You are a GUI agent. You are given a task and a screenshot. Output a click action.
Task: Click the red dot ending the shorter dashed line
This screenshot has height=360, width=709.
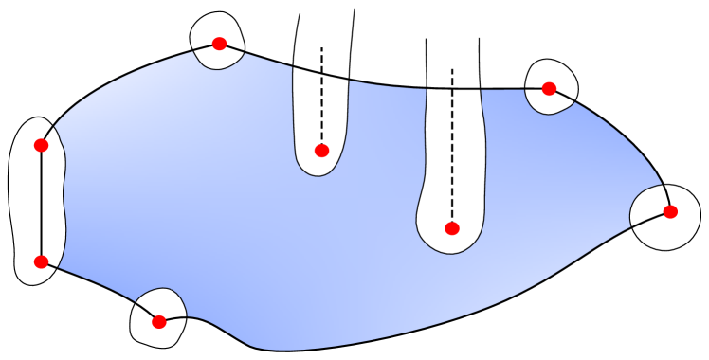pos(321,150)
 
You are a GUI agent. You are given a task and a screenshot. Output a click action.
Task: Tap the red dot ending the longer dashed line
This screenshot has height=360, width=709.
pos(452,227)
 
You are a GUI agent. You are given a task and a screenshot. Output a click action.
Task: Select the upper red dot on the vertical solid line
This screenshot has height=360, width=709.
pos(41,145)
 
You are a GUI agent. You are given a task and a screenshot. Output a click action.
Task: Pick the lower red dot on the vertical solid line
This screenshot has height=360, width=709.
pos(41,261)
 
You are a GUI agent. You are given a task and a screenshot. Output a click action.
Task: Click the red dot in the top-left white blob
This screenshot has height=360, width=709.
pos(219,44)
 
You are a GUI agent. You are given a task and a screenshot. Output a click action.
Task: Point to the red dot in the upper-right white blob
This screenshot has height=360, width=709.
pos(549,88)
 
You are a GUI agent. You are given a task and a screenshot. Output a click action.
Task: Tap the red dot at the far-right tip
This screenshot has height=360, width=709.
pos(670,211)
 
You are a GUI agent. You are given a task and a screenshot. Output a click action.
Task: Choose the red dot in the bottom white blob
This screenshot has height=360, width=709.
pos(159,322)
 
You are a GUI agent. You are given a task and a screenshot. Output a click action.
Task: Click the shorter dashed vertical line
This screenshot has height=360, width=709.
pos(321,95)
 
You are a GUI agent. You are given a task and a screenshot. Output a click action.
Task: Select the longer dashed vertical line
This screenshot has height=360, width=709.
pos(452,142)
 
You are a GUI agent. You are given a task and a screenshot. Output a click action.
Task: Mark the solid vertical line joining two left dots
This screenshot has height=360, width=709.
pos(41,204)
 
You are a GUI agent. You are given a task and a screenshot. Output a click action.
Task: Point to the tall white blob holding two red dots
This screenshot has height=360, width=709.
pos(25,204)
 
